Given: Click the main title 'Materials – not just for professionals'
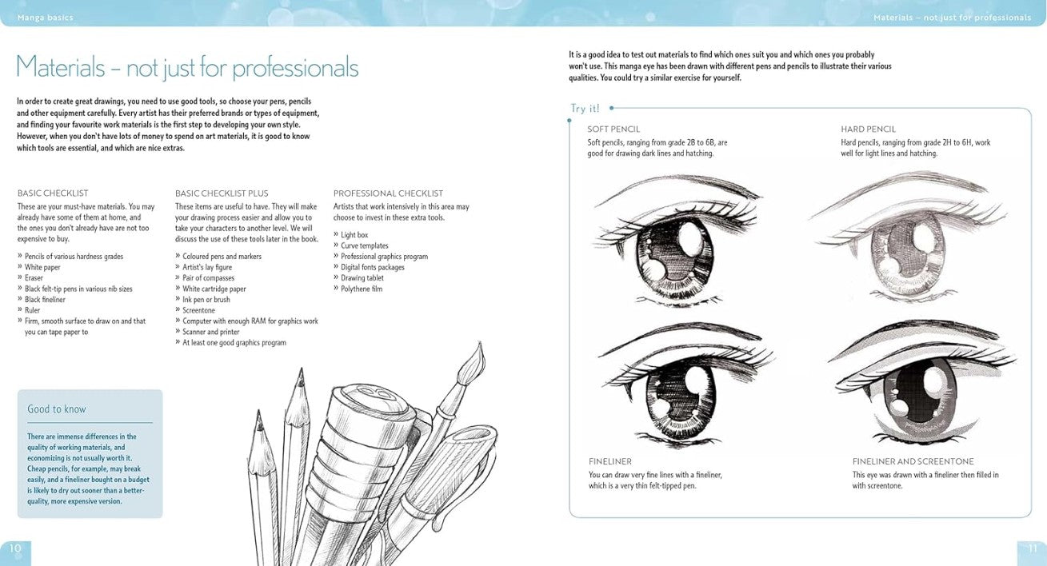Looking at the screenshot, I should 187,67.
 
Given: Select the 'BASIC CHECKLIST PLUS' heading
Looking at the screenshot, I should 222,193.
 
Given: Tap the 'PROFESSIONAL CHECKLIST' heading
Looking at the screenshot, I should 388,193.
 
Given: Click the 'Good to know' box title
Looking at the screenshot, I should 57,409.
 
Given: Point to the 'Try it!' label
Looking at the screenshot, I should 585,109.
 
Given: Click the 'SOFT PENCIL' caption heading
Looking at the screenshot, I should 613,130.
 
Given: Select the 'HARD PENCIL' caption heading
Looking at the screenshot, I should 868,130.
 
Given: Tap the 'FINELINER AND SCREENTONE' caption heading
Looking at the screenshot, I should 913,462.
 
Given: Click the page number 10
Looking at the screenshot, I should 15,548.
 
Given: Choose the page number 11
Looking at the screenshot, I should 1032,548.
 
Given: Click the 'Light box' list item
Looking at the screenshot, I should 354,235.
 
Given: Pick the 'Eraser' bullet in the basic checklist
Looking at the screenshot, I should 34,278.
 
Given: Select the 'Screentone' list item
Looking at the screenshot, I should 198,310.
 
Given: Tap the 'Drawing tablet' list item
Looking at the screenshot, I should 362,278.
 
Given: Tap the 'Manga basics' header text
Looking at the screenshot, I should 46,18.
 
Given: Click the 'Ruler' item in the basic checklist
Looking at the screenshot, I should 32,310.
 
